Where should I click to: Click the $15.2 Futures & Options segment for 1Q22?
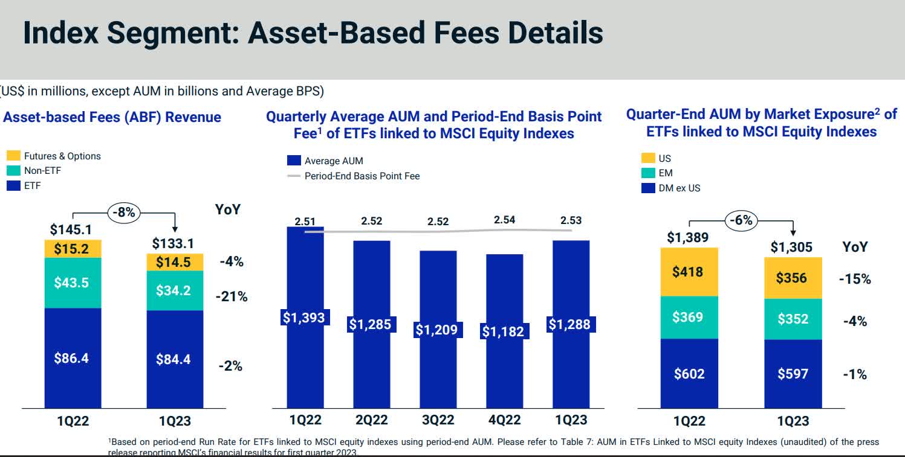pos(73,249)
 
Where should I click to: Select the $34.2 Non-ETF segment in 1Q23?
pos(175,290)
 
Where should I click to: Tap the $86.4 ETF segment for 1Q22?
pos(73,358)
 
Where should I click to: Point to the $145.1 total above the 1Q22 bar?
pos(72,229)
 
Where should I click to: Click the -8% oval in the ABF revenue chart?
pos(125,213)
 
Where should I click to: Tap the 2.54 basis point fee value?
pos(504,220)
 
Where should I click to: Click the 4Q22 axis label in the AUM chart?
pos(504,420)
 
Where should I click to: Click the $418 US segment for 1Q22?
pos(689,272)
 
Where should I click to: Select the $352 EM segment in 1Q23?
pos(793,318)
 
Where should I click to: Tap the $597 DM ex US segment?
pos(793,374)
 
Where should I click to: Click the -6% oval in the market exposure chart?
pos(741,220)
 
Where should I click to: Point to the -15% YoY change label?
pos(855,279)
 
